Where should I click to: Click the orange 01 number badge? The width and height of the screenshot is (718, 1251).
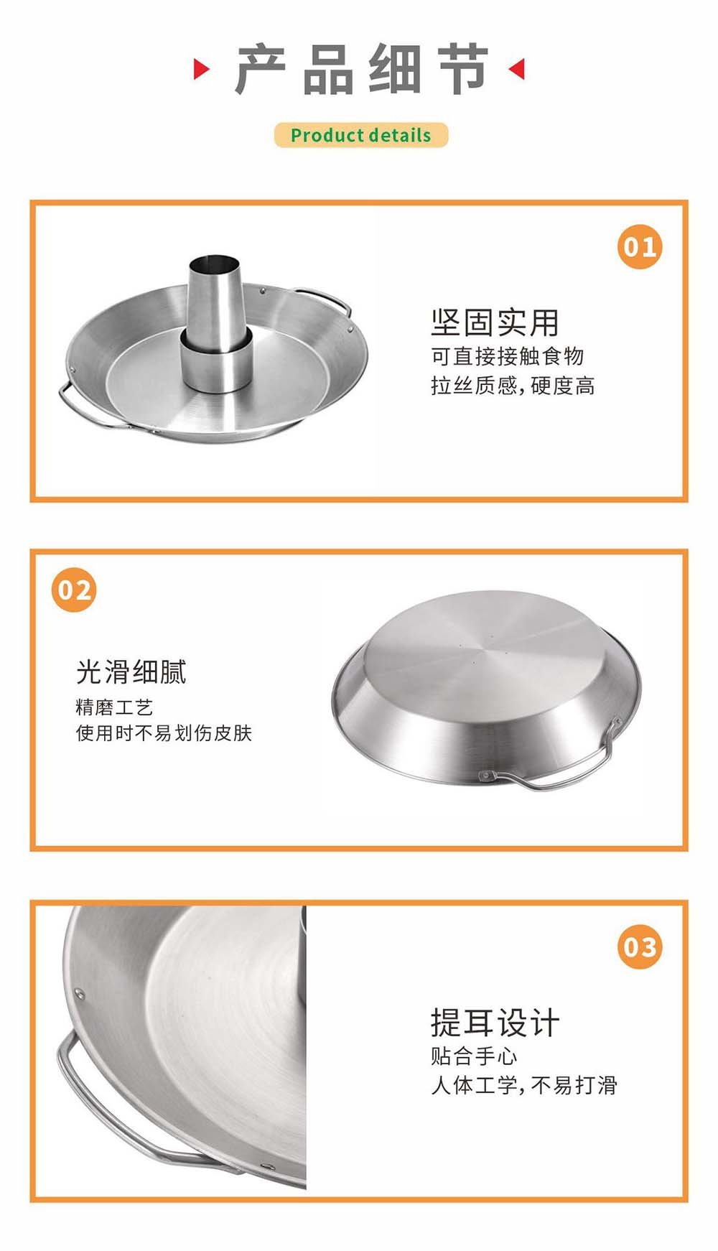[x=639, y=247]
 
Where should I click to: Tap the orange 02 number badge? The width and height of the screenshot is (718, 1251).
[x=74, y=590]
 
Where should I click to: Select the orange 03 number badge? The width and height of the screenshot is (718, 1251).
[x=639, y=947]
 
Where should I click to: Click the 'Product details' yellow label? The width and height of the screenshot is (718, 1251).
[x=360, y=135]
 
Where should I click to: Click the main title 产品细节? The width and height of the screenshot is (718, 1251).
[x=361, y=70]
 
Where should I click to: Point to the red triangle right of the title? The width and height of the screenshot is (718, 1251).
[x=517, y=69]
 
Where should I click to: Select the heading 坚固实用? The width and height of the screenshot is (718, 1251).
[x=495, y=322]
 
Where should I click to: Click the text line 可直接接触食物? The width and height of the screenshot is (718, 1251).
[x=507, y=356]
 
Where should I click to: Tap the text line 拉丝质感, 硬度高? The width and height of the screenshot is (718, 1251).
[x=513, y=386]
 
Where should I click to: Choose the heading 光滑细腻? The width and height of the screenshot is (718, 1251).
[x=131, y=672]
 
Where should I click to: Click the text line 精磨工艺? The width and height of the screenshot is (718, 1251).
[x=114, y=707]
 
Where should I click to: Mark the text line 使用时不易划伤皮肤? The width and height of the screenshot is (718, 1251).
[x=164, y=733]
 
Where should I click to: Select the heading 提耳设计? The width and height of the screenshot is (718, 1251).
[x=495, y=1023]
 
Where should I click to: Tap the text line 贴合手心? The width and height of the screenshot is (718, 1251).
[x=474, y=1056]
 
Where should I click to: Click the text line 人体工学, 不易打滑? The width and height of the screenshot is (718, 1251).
[x=524, y=1085]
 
